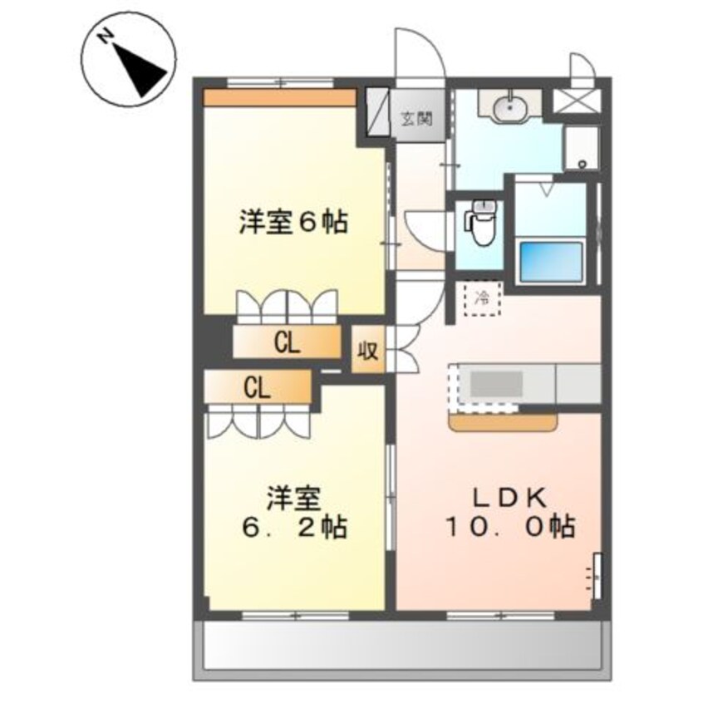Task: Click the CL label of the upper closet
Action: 287,343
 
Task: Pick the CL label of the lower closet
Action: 256,387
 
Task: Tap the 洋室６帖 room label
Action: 293,224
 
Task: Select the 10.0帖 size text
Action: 508,527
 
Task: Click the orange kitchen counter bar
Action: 504,422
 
